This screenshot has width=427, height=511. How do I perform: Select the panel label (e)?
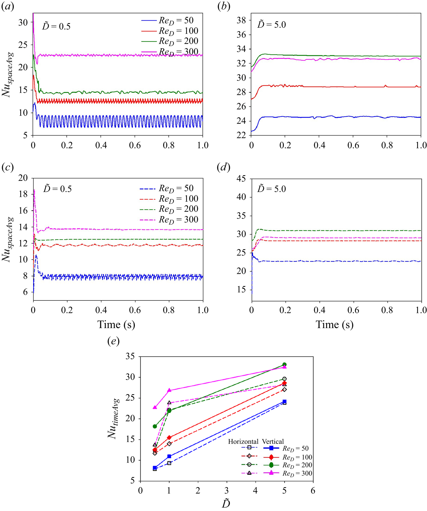pos(113,341)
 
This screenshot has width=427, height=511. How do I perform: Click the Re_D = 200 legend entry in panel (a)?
pos(178,41)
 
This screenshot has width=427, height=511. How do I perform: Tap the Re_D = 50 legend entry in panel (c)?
pos(176,189)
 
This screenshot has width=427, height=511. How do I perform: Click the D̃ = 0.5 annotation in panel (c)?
pos(57,189)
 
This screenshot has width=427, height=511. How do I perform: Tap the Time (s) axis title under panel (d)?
pos(334,325)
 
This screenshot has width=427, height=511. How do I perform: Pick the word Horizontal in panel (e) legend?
pos(243,441)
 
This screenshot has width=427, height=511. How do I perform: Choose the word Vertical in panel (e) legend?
pos(273,441)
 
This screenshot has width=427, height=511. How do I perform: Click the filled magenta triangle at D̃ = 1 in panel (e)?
pos(169,390)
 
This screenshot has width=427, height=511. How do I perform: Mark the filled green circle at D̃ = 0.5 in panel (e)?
pos(155,426)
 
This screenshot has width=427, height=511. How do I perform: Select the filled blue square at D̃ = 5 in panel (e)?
pos(284,402)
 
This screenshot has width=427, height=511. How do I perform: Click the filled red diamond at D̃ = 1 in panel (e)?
pos(169,437)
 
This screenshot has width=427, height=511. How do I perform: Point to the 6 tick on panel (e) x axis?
pos(313,490)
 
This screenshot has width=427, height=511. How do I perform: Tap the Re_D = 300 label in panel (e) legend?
pos(297,474)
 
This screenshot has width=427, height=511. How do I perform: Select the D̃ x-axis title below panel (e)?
pos(226,504)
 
